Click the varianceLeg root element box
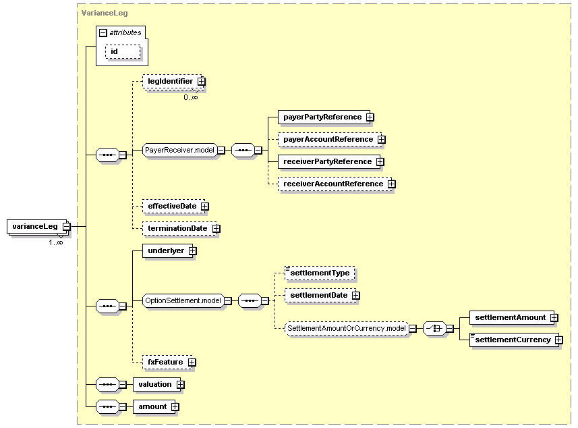point(34,227)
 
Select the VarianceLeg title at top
point(100,13)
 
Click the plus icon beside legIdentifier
point(201,81)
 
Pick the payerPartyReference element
point(322,117)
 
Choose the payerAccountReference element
point(328,139)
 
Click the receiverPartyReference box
point(327,161)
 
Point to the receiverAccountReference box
point(333,184)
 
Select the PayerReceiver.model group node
point(179,150)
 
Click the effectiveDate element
point(172,206)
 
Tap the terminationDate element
point(177,228)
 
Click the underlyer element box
point(166,250)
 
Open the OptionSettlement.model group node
point(183,300)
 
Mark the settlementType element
point(320,273)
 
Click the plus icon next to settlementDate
point(355,295)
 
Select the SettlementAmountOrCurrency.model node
point(346,328)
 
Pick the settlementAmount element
point(510,317)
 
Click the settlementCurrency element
point(513,340)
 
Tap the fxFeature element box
point(165,362)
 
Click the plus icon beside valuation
point(180,384)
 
